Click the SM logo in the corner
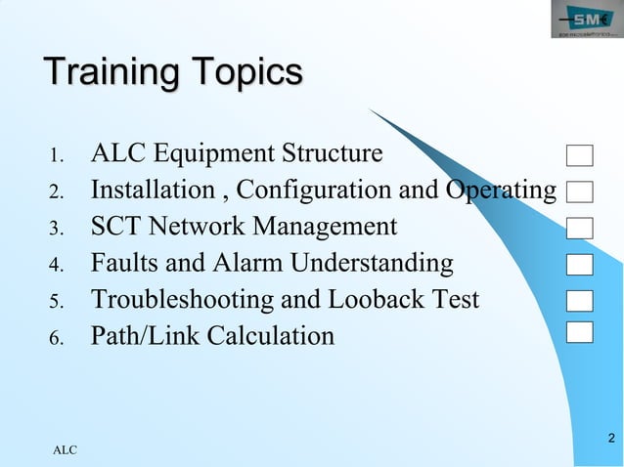pyautogui.click(x=585, y=21)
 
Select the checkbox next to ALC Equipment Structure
pyautogui.click(x=580, y=155)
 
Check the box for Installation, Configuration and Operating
pyautogui.click(x=580, y=191)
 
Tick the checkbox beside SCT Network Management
pyautogui.click(x=580, y=228)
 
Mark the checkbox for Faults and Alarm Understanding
pyautogui.click(x=580, y=264)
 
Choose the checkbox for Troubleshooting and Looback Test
pyautogui.click(x=580, y=300)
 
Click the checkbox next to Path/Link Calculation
pyautogui.click(x=580, y=331)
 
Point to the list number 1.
pyautogui.click(x=56, y=155)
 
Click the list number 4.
pyautogui.click(x=56, y=265)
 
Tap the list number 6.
pyautogui.click(x=56, y=338)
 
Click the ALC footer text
pyautogui.click(x=65, y=450)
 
